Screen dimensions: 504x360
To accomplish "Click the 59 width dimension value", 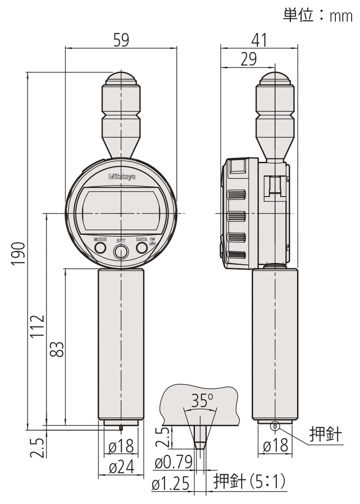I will (121, 39).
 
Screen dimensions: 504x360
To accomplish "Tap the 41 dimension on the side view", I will (259, 39).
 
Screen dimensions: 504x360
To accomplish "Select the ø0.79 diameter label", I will (172, 463).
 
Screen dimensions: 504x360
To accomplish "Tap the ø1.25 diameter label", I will (170, 485).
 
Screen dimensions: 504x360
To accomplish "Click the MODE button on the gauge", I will (100, 248).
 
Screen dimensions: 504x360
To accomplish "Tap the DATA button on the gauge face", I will (142, 248).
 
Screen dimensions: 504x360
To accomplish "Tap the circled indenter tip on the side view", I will (275, 427).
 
